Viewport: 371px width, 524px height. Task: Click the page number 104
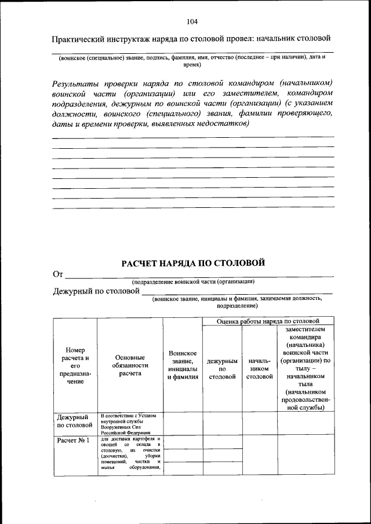click(192, 22)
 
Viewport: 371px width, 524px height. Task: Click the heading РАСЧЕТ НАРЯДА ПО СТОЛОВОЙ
click(193, 263)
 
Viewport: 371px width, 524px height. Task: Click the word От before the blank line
click(57, 274)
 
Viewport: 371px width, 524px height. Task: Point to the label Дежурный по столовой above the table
click(96, 291)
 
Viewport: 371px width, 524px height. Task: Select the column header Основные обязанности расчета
click(130, 366)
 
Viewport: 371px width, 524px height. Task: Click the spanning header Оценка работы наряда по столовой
click(268, 321)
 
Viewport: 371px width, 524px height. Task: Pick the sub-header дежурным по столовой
click(222, 369)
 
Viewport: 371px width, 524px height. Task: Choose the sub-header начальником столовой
click(259, 369)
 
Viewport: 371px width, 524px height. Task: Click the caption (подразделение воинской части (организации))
click(193, 281)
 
